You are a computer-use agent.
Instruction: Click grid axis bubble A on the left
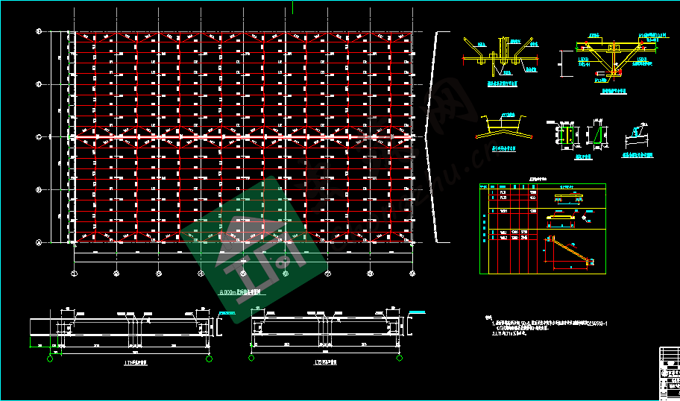(x=38, y=242)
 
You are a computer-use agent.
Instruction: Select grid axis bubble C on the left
(x=38, y=137)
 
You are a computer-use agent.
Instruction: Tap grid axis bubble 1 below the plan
(x=74, y=274)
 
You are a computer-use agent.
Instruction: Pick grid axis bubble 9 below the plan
(x=412, y=274)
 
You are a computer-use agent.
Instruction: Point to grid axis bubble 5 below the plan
(x=243, y=274)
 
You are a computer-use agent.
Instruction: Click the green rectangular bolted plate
(x=566, y=135)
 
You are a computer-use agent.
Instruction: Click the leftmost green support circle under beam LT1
(x=51, y=359)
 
